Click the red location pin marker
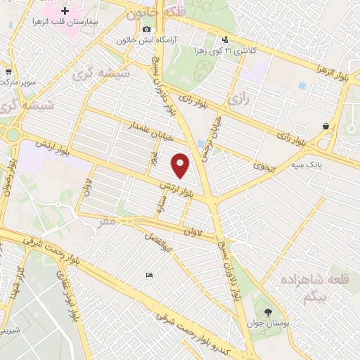coord(181,165)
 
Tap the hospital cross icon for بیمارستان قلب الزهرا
coord(65,11)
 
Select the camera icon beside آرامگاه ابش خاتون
coord(146,29)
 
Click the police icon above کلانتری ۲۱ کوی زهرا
coord(224,39)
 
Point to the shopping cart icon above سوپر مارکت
coord(8,71)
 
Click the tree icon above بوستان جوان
coord(268,312)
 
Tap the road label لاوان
coord(193,231)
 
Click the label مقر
coord(106,221)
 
